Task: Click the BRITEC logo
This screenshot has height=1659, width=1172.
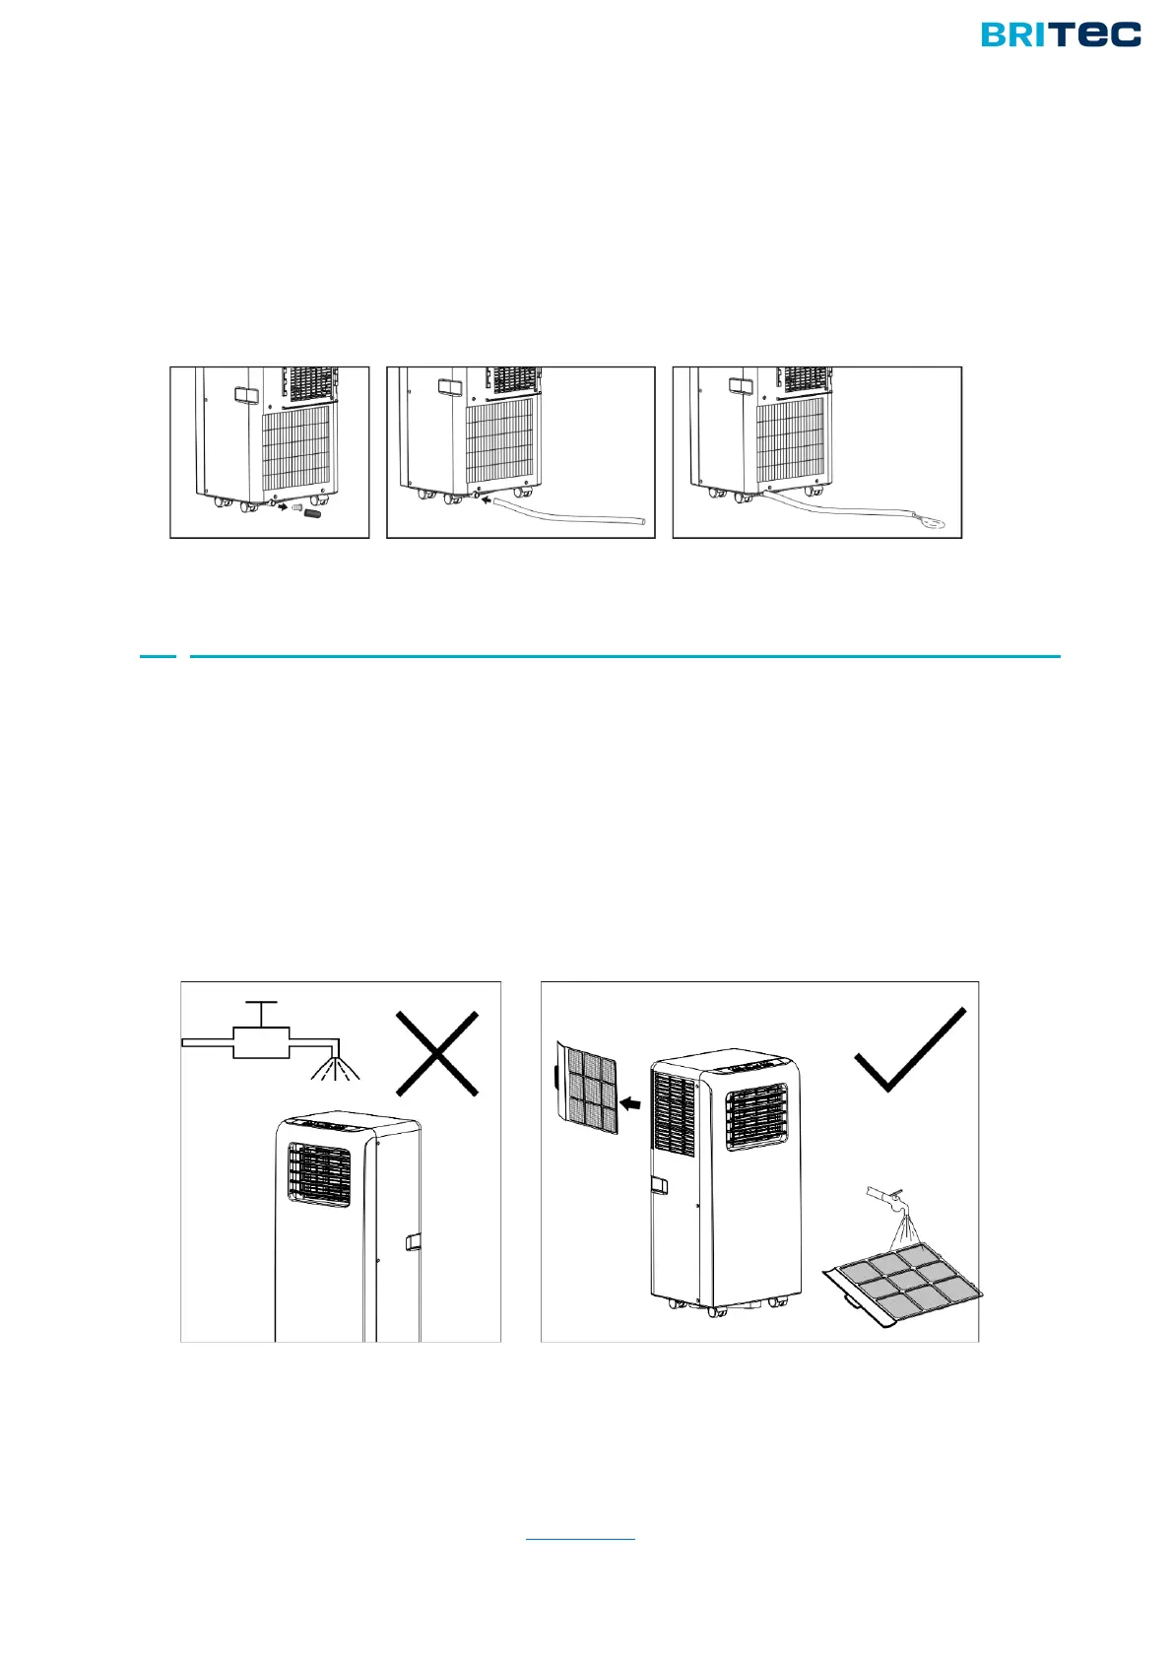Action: (x=1061, y=34)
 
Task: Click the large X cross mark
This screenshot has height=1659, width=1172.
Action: (x=437, y=1053)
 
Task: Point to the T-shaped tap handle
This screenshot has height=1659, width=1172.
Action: (x=261, y=1015)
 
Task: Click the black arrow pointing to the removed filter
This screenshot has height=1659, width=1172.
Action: (x=630, y=1104)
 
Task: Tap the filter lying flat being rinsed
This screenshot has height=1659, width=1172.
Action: (x=903, y=1282)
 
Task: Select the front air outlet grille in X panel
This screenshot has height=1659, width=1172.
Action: (x=319, y=1175)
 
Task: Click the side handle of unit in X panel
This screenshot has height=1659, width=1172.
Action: (x=413, y=1241)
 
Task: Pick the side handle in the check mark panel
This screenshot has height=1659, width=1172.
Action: (x=658, y=1185)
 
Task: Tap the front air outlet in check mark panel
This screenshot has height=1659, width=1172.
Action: (x=757, y=1117)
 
